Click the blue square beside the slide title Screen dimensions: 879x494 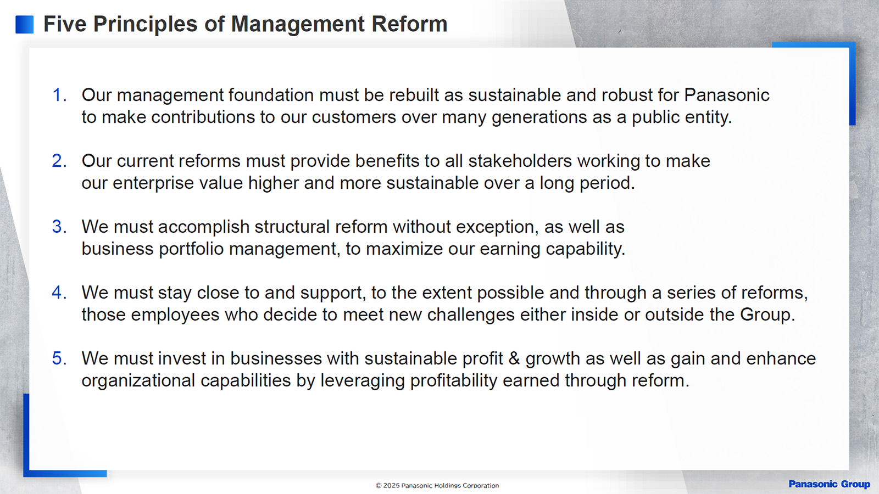click(24, 24)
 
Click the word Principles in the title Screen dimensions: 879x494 click(145, 24)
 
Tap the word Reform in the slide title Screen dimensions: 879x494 click(409, 24)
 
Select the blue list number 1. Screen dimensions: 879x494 click(59, 96)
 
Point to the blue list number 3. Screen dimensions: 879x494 click(59, 227)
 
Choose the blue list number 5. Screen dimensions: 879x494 click(59, 359)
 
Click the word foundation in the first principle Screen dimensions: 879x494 click(271, 96)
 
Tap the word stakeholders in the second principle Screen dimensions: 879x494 click(520, 161)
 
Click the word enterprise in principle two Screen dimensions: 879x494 click(153, 183)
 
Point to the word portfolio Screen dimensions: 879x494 click(191, 249)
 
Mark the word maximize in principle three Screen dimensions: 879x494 click(404, 249)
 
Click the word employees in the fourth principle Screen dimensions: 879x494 click(175, 315)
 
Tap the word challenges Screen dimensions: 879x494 click(471, 315)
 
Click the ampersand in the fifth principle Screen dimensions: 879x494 click(514, 359)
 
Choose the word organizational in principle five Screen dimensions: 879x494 click(138, 381)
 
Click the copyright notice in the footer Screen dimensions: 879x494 click(437, 485)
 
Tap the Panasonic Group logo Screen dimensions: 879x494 click(829, 484)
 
